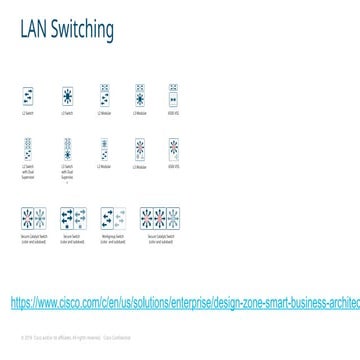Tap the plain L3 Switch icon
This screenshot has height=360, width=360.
pyautogui.click(x=68, y=96)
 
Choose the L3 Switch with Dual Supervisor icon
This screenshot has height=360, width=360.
pyautogui.click(x=68, y=150)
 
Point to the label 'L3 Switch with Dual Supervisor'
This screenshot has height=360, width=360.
pyautogui.click(x=68, y=172)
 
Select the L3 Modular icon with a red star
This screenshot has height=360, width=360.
pyautogui.click(x=139, y=150)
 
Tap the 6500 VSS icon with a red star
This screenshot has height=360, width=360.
pyautogui.click(x=174, y=150)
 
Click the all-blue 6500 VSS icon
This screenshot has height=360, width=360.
pyautogui.click(x=174, y=96)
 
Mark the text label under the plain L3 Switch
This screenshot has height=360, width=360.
pyautogui.click(x=68, y=114)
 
